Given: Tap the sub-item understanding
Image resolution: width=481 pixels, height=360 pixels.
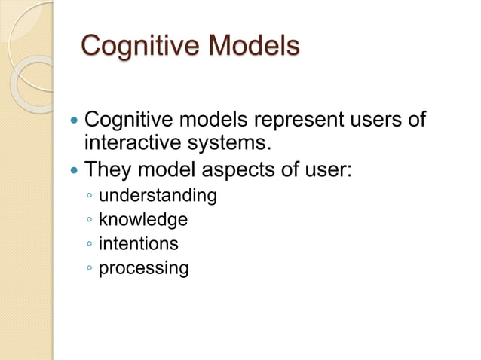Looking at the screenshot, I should pyautogui.click(x=158, y=197).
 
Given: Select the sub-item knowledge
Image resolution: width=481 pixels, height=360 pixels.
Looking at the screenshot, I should pyautogui.click(x=142, y=220).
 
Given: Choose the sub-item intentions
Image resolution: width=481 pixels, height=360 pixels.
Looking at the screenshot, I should pyautogui.click(x=138, y=243).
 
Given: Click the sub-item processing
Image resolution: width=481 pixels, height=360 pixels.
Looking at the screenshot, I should pyautogui.click(x=143, y=268).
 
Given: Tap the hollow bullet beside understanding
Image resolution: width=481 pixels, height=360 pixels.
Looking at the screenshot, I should pyautogui.click(x=90, y=197).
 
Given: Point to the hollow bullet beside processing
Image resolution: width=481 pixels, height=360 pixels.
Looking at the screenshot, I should pyautogui.click(x=90, y=268).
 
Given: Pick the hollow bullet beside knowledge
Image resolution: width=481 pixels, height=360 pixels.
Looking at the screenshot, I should pyautogui.click(x=90, y=221).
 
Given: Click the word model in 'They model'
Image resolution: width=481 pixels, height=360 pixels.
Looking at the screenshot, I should pyautogui.click(x=164, y=169).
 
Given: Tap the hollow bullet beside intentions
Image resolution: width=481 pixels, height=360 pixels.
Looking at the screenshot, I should pyautogui.click(x=90, y=244).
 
